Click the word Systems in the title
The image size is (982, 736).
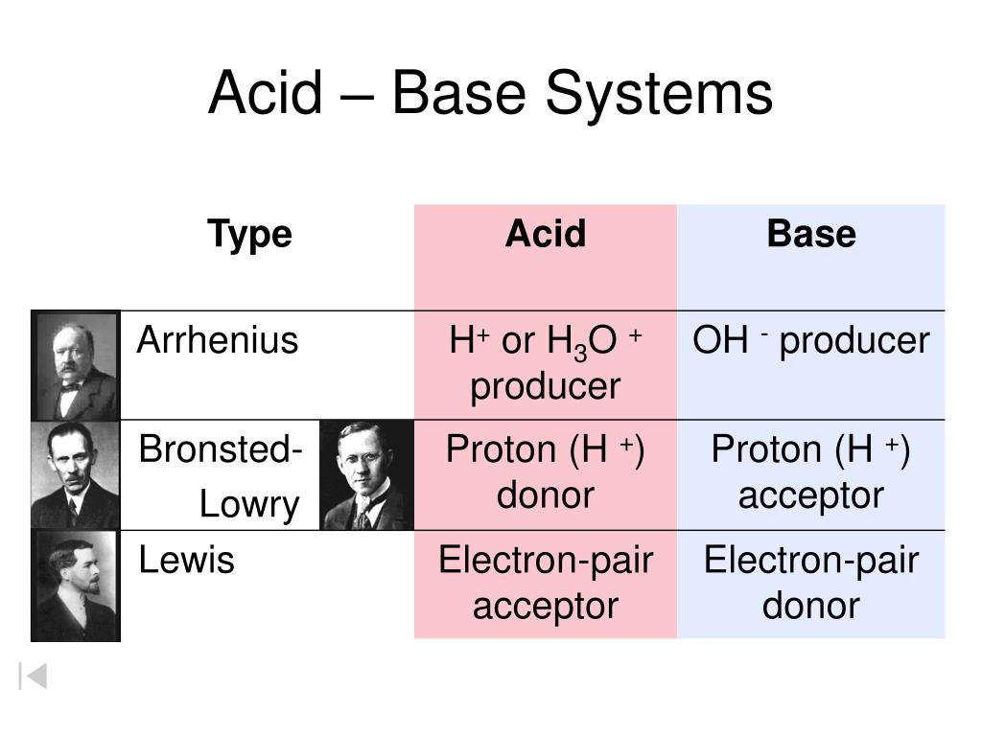[x=660, y=94]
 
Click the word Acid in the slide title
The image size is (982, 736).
[x=266, y=93]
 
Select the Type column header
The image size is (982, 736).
[x=250, y=235]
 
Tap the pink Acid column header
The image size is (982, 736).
[x=546, y=234]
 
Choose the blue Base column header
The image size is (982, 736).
[x=811, y=234]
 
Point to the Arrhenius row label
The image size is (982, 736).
[x=218, y=340]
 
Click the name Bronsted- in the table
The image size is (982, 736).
[x=221, y=448]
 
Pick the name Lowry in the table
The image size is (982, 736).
[x=249, y=504]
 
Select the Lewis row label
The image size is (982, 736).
[x=187, y=559]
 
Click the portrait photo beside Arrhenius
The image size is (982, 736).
[x=76, y=366]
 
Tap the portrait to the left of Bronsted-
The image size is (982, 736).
[x=76, y=475]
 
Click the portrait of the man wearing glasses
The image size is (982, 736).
[x=367, y=475]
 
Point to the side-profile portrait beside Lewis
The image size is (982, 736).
[x=76, y=586]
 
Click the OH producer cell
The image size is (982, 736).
[x=811, y=340]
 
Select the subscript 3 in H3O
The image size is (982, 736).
[x=580, y=353]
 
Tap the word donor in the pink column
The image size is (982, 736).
[x=546, y=495]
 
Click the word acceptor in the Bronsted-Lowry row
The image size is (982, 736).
[x=811, y=495]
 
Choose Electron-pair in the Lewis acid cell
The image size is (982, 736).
[x=546, y=560]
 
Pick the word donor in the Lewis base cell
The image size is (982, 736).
[x=811, y=606]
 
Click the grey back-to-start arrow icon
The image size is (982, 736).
[x=34, y=676]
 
